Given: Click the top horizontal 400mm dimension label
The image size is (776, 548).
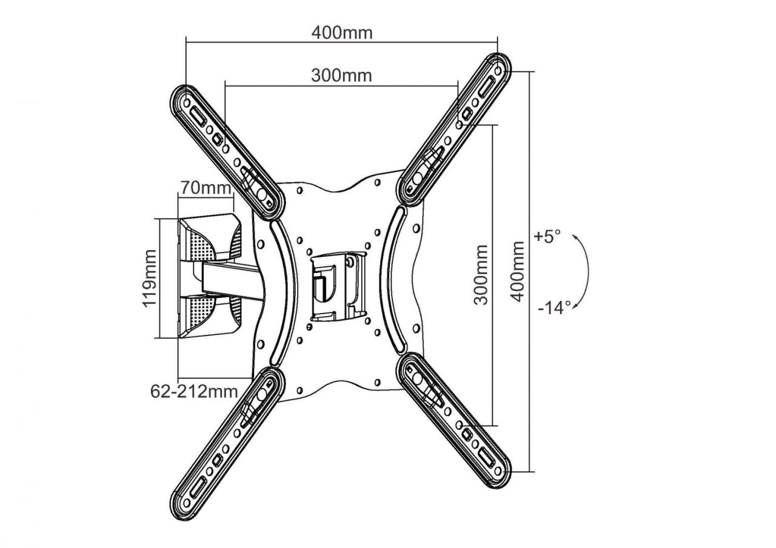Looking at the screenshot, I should point(342,33).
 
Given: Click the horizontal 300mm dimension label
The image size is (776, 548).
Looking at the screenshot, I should point(341,76).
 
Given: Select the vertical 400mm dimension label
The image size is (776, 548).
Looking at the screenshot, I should point(517,271).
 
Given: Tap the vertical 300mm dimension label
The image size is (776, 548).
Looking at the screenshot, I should point(481,274).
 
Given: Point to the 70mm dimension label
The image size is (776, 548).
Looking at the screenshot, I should point(204,187).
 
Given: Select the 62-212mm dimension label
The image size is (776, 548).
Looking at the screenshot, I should point(194,391).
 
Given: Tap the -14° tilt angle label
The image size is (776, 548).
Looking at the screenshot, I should point(554,308).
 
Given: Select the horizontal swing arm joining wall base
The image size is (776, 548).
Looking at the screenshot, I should point(233,279).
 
